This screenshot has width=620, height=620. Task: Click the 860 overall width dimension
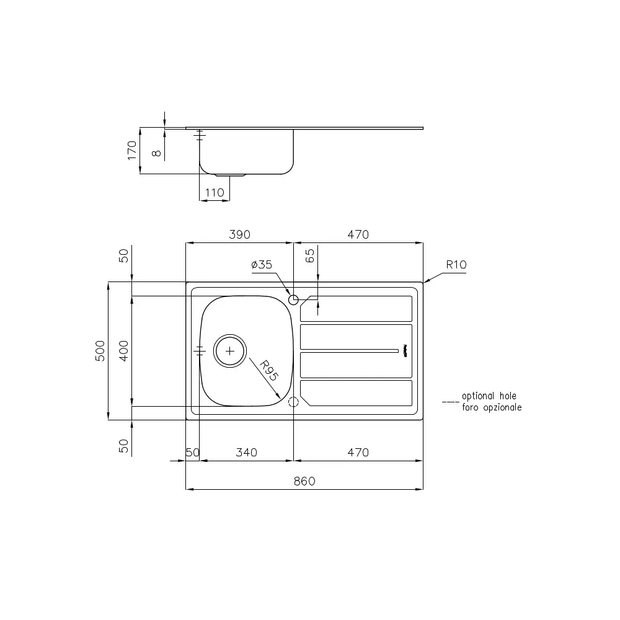[x=304, y=481]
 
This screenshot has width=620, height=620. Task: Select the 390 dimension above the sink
[x=239, y=234]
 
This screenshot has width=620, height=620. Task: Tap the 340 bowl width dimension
[x=246, y=453]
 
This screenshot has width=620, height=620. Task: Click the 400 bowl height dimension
[x=123, y=351]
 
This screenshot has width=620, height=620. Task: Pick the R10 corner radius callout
[x=456, y=265]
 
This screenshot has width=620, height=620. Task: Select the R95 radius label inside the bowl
[x=268, y=371]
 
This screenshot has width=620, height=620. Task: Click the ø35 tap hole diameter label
[x=262, y=265]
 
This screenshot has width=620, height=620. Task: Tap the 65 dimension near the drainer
[x=311, y=256]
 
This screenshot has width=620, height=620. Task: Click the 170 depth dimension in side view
[x=131, y=151]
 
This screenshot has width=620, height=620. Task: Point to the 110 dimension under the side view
[x=214, y=193]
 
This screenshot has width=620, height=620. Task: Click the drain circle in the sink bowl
[x=230, y=351]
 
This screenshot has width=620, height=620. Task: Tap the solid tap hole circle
[x=294, y=300]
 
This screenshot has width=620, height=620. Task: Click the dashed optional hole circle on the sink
[x=294, y=402]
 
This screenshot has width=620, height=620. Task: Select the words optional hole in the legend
[x=489, y=396]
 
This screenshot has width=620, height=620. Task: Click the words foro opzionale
[x=491, y=407]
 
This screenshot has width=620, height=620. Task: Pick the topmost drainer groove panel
[x=357, y=308]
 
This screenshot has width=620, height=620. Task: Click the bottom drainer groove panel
[x=356, y=393]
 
